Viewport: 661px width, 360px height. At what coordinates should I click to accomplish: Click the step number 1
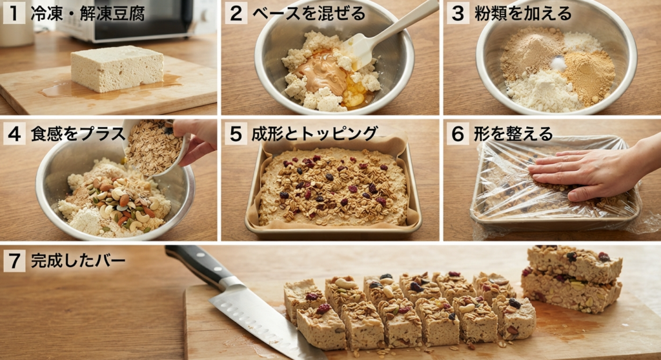[14, 13]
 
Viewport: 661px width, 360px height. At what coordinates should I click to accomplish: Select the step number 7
[14, 261]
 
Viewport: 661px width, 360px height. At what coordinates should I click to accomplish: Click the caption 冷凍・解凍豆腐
[88, 14]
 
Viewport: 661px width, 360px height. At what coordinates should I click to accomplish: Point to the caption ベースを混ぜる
[309, 14]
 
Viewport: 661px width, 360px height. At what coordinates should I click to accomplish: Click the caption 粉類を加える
[523, 14]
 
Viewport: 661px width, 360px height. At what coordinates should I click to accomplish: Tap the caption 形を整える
[513, 134]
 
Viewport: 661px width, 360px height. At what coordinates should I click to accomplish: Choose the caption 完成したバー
[78, 261]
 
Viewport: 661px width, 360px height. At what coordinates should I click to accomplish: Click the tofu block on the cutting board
[117, 69]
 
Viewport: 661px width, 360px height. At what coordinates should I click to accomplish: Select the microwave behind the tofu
[139, 19]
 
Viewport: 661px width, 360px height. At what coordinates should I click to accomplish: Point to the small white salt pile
[558, 64]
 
